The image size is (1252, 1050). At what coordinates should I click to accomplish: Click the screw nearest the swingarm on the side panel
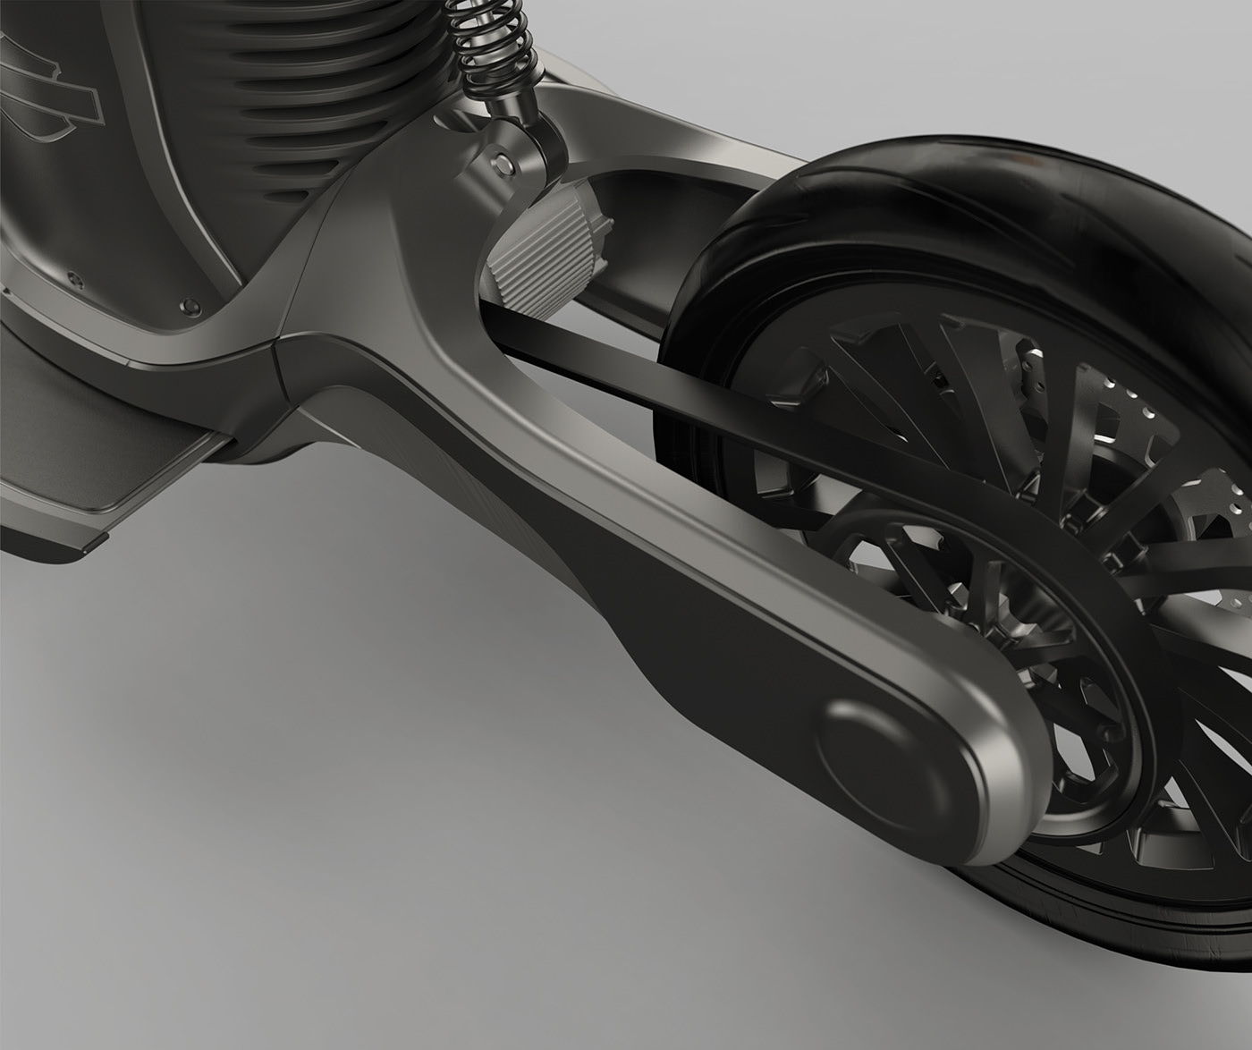(189, 303)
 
